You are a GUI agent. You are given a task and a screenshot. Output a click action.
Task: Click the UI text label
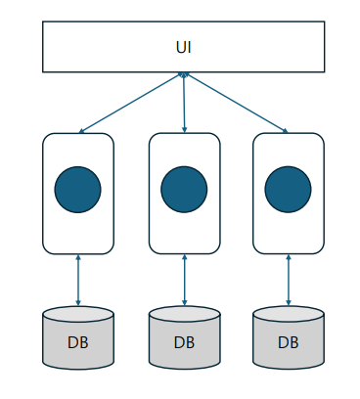click(x=183, y=47)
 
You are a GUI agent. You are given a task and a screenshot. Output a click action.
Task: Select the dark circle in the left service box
click(x=77, y=190)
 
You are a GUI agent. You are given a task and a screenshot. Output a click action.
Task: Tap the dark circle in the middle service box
click(x=184, y=190)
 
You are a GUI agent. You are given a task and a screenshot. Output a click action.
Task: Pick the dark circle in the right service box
click(x=288, y=190)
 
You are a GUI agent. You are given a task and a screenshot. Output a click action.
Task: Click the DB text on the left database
click(x=77, y=342)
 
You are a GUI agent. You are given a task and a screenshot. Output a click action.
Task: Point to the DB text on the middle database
click(x=184, y=342)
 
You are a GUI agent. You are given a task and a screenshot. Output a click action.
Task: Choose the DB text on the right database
click(x=289, y=342)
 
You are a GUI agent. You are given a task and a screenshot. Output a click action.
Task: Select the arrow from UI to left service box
click(x=130, y=103)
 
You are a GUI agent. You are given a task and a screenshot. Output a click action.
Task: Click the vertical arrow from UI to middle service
click(x=184, y=103)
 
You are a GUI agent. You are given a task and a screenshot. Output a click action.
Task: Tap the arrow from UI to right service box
click(x=237, y=103)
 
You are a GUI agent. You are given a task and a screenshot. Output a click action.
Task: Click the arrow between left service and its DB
click(x=78, y=281)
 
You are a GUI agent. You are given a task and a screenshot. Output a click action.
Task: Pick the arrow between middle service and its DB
click(x=185, y=280)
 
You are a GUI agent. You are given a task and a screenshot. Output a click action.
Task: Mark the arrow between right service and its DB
click(x=289, y=280)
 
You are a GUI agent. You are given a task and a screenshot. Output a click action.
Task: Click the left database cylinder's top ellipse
click(x=78, y=314)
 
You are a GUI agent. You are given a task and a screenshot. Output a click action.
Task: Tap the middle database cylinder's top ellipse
click(x=185, y=314)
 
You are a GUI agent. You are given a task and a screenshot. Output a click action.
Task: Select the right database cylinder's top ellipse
click(x=289, y=314)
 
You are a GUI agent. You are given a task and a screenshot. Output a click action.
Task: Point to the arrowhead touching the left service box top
click(x=81, y=131)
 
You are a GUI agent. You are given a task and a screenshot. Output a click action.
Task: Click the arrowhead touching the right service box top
click(x=286, y=131)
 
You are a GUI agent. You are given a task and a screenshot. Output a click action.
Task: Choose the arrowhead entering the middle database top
click(x=185, y=303)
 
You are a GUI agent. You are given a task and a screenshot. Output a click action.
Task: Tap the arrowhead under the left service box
click(x=78, y=257)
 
